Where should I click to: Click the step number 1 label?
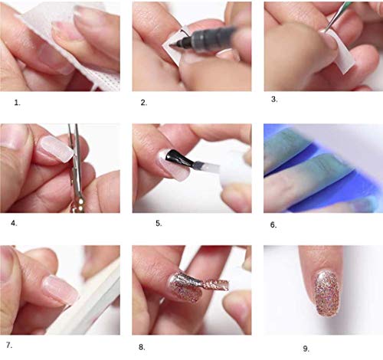pyautogui.click(x=17, y=103)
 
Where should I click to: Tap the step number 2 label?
pyautogui.click(x=144, y=103)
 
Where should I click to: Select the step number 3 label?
pyautogui.click(x=274, y=100)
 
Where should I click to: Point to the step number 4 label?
pyautogui.click(x=14, y=223)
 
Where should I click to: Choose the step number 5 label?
pyautogui.click(x=159, y=223)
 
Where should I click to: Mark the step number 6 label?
pyautogui.click(x=273, y=225)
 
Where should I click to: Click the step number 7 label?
pyautogui.click(x=9, y=345)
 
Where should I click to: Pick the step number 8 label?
pyautogui.click(x=142, y=347)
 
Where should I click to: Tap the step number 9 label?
pyautogui.click(x=306, y=349)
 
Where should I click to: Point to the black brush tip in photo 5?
pyautogui.click(x=176, y=157)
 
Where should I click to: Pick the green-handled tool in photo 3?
pyautogui.click(x=336, y=16)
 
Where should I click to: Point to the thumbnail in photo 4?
pyautogui.click(x=13, y=136)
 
